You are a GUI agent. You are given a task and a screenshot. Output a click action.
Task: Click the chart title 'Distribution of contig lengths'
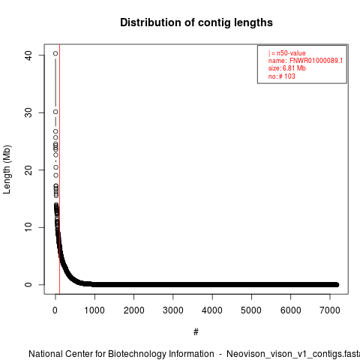196,22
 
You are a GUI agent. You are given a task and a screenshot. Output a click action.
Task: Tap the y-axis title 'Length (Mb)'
7,169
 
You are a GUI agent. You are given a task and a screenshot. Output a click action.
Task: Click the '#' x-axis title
196,331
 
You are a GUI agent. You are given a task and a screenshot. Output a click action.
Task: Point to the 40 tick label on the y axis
28,55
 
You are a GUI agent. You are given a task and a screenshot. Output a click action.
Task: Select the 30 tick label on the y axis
28,112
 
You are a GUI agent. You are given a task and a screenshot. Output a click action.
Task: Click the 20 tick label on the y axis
28,170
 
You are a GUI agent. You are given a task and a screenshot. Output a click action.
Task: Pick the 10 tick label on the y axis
28,227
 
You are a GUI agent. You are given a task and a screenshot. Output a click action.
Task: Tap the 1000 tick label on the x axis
94,310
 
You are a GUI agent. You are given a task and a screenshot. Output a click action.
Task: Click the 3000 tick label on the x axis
172,310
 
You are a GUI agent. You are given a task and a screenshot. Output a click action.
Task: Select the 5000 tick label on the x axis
251,310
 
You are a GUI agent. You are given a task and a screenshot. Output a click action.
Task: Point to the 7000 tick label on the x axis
330,310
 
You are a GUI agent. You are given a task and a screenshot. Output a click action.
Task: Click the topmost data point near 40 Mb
55,53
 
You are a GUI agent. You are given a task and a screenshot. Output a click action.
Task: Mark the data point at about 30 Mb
55,112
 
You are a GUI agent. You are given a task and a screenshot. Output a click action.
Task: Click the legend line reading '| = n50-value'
287,53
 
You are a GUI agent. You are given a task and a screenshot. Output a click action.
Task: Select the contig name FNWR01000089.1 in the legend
316,61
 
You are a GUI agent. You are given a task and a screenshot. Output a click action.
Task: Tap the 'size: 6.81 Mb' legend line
287,68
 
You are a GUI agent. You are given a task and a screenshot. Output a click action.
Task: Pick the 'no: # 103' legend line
282,76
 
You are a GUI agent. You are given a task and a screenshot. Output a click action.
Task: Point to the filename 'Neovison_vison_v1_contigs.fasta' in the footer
293,354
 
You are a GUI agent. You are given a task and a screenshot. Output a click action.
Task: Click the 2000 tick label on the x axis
133,310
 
